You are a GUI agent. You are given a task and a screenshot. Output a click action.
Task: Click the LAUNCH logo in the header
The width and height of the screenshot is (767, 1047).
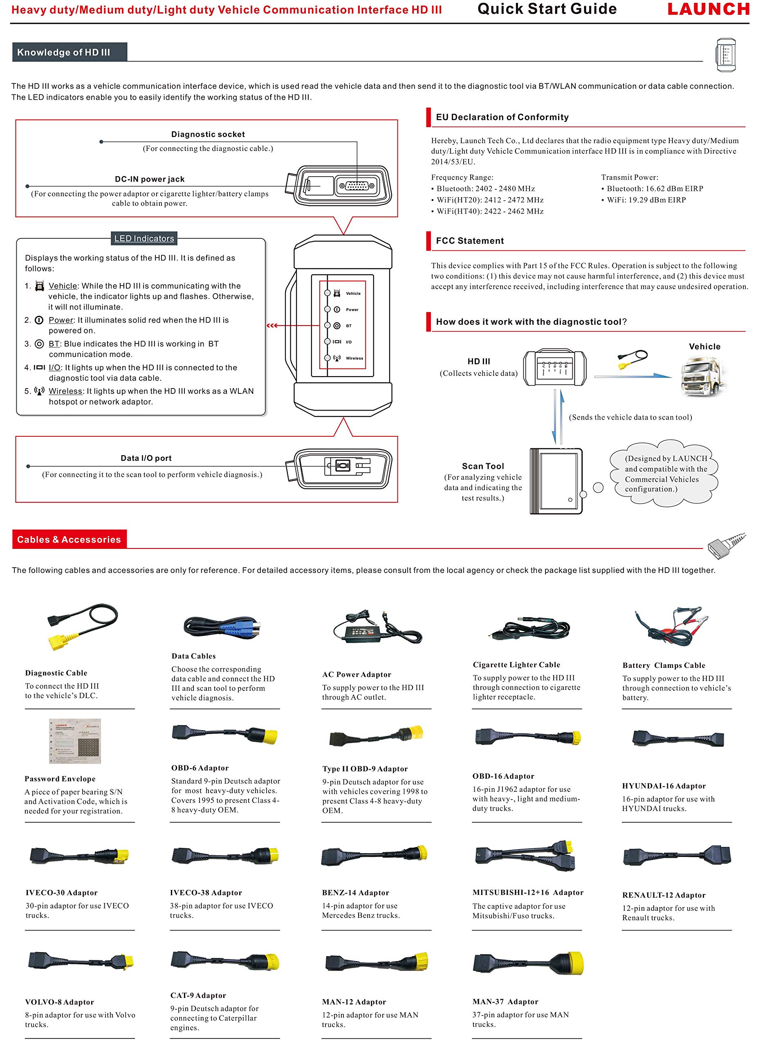pos(708,9)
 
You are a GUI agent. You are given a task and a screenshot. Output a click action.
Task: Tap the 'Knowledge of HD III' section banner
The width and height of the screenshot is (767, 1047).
pos(70,52)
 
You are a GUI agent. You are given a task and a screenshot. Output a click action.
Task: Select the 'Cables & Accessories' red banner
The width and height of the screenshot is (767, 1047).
pos(69,539)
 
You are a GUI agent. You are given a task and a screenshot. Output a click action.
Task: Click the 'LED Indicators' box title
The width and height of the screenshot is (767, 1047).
pos(144,238)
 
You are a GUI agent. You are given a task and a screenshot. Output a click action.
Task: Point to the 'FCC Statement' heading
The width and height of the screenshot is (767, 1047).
pos(469,240)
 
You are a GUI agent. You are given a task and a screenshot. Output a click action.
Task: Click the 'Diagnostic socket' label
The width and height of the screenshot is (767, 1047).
pos(208,134)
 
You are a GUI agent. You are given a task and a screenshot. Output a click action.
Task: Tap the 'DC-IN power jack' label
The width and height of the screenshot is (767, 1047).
pos(150,179)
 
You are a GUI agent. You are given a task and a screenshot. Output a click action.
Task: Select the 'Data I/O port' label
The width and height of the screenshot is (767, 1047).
pos(146,458)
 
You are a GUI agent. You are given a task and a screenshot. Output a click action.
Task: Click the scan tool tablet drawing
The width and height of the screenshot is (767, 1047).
pos(556,481)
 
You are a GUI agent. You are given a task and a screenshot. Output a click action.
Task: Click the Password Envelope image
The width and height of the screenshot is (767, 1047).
pos(75,741)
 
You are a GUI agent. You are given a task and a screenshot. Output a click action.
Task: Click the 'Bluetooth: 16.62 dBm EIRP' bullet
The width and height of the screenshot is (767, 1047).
pos(653,189)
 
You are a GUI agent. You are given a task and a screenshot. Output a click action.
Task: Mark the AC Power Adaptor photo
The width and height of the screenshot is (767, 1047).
pos(377,627)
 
